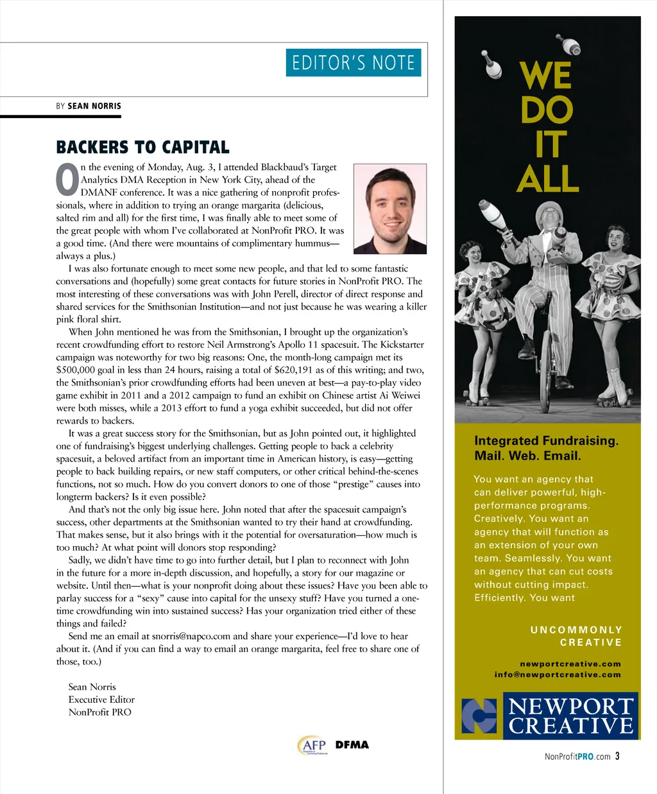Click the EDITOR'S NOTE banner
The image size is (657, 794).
pos(353,63)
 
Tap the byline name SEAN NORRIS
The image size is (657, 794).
pos(94,106)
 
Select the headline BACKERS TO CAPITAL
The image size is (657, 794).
pos(142,148)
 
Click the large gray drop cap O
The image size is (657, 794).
pos(67,180)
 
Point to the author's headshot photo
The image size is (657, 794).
pos(390,209)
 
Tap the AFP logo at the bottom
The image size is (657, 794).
pos(313,745)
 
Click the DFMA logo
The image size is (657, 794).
pos(352,745)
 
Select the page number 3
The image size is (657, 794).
pos(617,756)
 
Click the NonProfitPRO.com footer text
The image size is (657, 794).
pos(577,757)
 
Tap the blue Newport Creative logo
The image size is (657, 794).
pos(549,716)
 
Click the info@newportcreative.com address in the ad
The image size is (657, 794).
pos(558,675)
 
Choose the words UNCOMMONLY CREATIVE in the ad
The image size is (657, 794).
pos(576,636)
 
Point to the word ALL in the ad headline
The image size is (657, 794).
pos(548,179)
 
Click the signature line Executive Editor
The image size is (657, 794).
pos(101,700)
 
